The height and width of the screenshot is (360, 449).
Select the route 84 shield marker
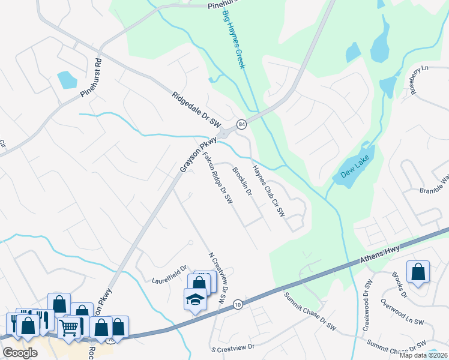pos(241,124)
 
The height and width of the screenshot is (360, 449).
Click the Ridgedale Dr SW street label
pos(197,109)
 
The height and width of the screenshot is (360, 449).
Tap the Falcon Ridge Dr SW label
pos(217,179)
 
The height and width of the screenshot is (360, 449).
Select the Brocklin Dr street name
pos(241,181)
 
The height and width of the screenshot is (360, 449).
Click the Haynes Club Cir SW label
pos(268,190)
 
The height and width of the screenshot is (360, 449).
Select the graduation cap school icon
pos(195,298)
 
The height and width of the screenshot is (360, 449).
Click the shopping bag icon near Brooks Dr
pos(418,271)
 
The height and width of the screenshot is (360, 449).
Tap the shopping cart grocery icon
pos(70,327)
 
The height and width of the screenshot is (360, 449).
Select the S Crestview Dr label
pos(233,347)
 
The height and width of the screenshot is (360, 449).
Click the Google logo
pos(20,353)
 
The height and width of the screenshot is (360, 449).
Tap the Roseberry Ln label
pos(416,80)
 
